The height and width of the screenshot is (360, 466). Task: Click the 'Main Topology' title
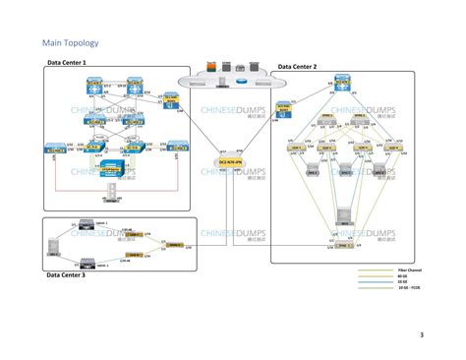pos(70,43)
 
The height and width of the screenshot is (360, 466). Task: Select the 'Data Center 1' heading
pos(67,62)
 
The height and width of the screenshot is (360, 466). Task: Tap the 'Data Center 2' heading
pos(297,67)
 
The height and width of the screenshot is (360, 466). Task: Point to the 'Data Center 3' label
pos(66,275)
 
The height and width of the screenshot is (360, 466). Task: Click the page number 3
pos(422,335)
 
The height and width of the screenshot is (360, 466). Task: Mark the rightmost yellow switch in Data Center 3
pos(174,243)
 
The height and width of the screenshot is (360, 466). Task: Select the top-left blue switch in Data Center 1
pos(91,86)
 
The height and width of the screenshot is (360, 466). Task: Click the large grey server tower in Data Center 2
pos(343,216)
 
